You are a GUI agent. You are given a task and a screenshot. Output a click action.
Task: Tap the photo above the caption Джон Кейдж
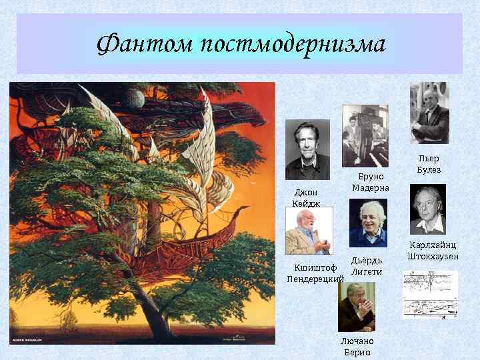pos(307,149)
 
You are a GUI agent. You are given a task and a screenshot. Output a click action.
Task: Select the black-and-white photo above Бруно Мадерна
pos(365,135)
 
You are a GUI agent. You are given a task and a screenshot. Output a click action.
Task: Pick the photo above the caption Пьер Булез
pos(429,113)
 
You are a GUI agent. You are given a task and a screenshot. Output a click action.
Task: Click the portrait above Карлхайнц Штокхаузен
pos(427,209)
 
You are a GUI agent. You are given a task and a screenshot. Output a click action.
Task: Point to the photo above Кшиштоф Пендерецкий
pos(309,230)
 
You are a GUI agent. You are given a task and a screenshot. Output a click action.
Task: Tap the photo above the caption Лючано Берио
pos(357,307)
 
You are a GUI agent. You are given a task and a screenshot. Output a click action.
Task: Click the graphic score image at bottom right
pos(430,294)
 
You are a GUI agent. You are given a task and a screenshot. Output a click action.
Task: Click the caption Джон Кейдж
pos(306,198)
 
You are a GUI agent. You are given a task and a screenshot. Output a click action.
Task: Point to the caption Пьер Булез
pos(429,164)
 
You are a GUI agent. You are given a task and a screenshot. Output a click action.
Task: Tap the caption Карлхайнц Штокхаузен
pos(433,251)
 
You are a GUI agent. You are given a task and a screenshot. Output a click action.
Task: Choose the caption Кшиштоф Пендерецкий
pos(315,273)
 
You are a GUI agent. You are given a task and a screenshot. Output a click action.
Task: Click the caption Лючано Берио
pos(357,346)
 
